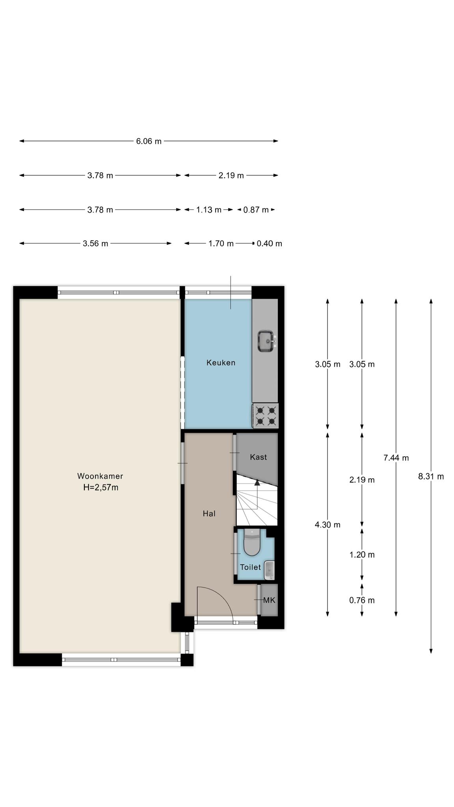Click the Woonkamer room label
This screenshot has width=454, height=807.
100,476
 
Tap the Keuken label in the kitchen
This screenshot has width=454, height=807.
221,363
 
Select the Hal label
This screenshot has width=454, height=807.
209,513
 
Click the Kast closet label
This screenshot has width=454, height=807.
258,457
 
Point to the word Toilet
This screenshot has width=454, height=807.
251,567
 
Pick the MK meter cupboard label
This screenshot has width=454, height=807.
269,600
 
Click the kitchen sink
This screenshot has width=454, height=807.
267,341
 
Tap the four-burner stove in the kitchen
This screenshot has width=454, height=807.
265,416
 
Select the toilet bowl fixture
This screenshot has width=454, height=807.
252,542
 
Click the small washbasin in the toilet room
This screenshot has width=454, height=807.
269,570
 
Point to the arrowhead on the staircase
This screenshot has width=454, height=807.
257,482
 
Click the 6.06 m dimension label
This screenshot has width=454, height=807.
149,141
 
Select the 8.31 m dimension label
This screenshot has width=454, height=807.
431,476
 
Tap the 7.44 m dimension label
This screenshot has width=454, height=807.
396,458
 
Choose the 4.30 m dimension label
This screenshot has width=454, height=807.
327,525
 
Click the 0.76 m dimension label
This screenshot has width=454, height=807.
362,600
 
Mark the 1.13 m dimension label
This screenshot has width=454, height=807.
209,210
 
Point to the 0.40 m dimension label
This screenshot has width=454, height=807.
269,244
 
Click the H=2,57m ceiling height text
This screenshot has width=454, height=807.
100,487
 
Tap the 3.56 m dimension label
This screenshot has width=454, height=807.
95,244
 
